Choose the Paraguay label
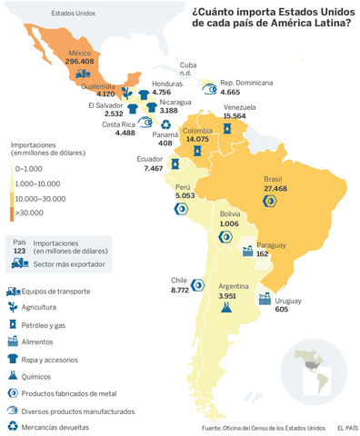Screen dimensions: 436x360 coord(271,245)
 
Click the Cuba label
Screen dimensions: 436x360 coord(189,64)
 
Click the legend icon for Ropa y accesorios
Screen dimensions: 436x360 coord(13,358)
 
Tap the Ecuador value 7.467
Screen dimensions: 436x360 coord(154,168)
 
